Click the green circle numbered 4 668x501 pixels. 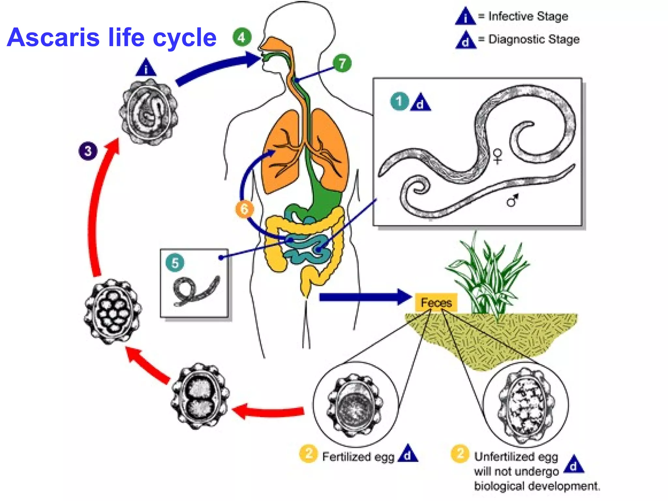point(242,38)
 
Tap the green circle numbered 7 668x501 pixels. point(342,63)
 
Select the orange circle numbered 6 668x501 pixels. point(244,209)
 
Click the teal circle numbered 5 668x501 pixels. point(175,263)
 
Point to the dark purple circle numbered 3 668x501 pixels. point(88,151)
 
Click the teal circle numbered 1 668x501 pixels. point(399,101)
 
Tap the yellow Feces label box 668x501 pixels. point(436,302)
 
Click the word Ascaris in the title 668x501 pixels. point(53,37)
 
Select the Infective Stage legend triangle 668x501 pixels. point(465,16)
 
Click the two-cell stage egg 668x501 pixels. point(200,396)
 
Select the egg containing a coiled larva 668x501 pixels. point(149,112)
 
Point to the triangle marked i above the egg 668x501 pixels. point(146,68)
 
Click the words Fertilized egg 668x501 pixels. point(358,457)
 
